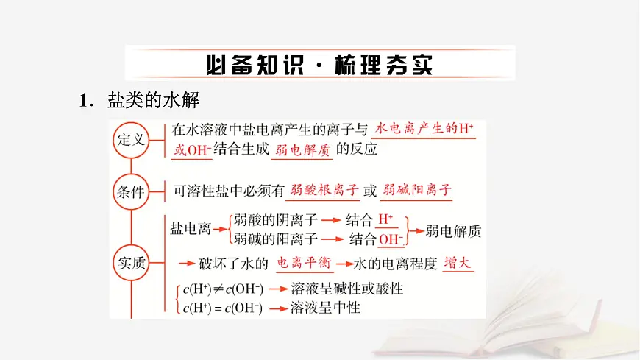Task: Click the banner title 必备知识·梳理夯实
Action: [x=319, y=64]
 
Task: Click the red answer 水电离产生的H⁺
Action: [x=424, y=128]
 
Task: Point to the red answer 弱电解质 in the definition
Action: [x=301, y=149]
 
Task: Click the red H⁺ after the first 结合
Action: [x=385, y=219]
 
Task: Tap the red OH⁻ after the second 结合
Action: [x=391, y=239]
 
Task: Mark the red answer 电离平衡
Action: [x=304, y=263]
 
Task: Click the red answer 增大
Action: [x=461, y=263]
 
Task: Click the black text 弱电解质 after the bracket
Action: [x=453, y=230]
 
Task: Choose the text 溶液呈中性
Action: [x=325, y=307]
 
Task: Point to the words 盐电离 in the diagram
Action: [x=190, y=229]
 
